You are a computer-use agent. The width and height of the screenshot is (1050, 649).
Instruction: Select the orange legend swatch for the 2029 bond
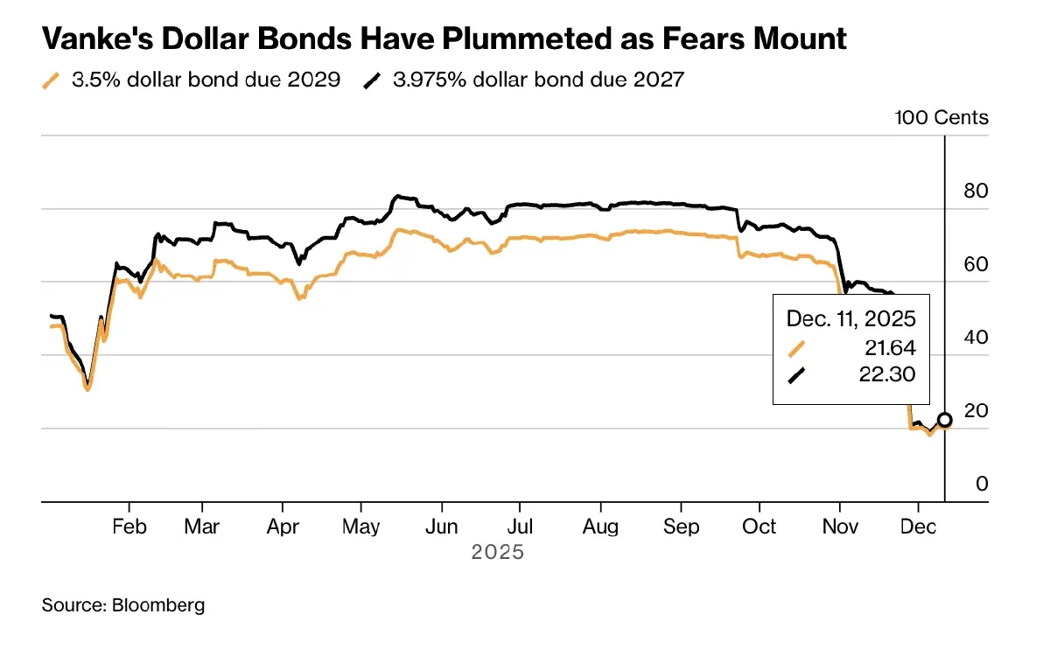click(52, 80)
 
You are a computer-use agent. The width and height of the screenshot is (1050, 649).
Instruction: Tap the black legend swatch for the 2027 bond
click(373, 80)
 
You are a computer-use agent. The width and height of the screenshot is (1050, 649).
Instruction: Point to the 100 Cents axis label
click(941, 117)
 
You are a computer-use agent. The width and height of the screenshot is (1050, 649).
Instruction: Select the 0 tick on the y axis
click(981, 484)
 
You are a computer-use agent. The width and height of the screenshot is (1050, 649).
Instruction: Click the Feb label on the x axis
click(129, 527)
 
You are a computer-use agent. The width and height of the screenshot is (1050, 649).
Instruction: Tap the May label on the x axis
click(361, 527)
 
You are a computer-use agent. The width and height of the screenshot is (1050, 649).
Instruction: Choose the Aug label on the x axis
click(600, 527)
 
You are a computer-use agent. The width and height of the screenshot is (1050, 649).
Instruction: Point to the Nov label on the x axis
click(839, 527)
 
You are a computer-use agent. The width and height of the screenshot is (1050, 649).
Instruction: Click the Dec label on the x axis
click(917, 527)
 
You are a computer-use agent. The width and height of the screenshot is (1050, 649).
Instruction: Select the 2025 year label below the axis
click(497, 553)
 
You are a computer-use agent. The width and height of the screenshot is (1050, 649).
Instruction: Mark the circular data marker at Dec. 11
click(944, 420)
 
